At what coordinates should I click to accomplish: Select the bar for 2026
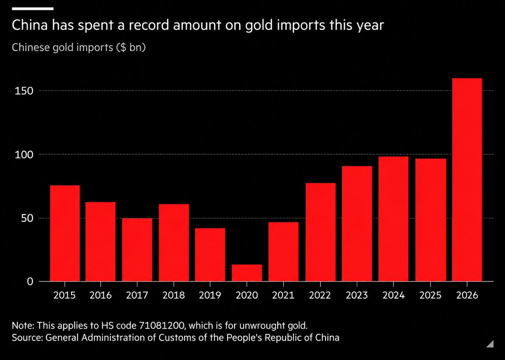point(467,180)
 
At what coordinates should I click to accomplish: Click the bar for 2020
point(247,273)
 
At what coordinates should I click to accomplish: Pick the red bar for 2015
point(65,234)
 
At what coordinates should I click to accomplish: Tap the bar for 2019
point(210,255)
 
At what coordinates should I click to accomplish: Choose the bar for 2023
point(357,224)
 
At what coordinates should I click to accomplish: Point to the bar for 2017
point(137,250)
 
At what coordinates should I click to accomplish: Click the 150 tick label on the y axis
point(24,91)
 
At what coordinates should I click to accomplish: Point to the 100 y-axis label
point(24,155)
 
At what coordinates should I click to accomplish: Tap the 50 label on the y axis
point(27,218)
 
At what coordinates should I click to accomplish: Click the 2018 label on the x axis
point(174,295)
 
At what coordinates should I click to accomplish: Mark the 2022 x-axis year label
point(320,295)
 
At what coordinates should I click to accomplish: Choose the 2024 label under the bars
point(393,295)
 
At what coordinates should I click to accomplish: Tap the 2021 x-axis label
point(283,295)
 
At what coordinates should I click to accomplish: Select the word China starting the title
point(29,25)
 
